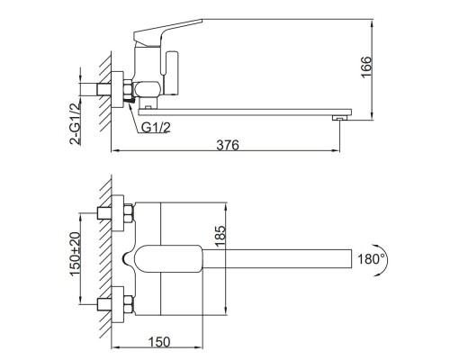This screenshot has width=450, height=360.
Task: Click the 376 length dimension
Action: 228,145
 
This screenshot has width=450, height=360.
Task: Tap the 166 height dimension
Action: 366,67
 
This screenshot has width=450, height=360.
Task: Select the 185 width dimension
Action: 220,237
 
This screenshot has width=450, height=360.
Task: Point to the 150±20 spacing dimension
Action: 75,254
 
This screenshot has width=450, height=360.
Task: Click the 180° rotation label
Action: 371,258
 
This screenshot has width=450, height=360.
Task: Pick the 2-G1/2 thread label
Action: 76,123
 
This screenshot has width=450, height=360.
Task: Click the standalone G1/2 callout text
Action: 156,128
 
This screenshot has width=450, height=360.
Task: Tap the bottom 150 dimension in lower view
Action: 159,342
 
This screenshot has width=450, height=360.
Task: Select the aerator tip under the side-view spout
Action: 339,118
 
